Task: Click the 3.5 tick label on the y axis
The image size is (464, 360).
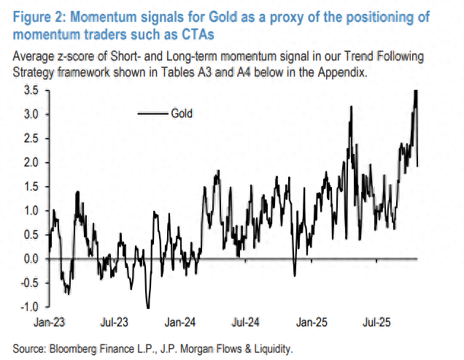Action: tap(31, 91)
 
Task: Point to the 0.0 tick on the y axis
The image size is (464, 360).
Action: tap(31, 258)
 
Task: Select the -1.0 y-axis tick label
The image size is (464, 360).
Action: tap(29, 307)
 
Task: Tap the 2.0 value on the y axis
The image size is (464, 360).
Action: tap(31, 162)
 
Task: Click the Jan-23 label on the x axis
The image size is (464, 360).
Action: tap(50, 321)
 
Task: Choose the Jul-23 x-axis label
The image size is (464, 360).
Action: tap(115, 321)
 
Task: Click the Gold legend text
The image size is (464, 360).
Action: tap(182, 113)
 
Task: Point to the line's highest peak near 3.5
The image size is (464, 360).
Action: tap(415, 91)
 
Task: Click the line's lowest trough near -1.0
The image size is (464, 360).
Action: tap(147, 307)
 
